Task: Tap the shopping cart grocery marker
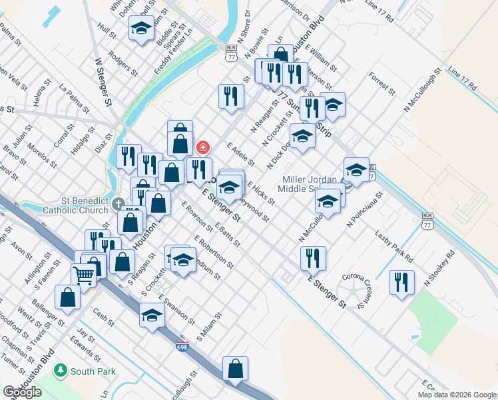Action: coord(85,273)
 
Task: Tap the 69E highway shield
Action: coord(182,347)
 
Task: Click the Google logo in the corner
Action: coord(22,392)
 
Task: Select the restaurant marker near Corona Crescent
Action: coord(401,281)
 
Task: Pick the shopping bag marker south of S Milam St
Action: coord(235,368)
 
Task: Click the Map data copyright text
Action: coord(456,395)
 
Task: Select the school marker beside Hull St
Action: coord(141,28)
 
